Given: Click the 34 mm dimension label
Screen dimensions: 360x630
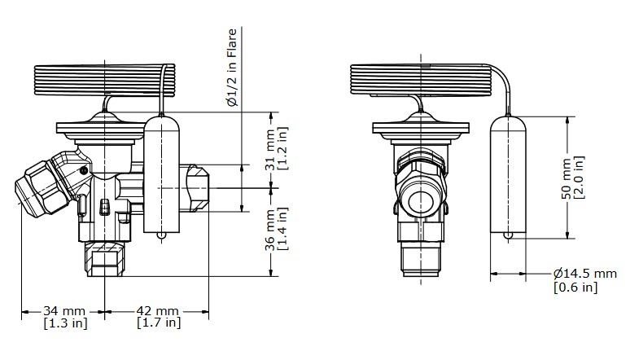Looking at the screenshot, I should (x=64, y=311).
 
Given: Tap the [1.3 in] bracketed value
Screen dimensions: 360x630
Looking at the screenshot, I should (x=64, y=323).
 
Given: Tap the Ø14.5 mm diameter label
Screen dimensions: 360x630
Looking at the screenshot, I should (x=586, y=274).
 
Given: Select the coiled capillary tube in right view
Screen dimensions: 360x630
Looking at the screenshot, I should (x=420, y=80).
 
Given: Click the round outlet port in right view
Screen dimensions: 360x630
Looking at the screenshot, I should (x=421, y=199).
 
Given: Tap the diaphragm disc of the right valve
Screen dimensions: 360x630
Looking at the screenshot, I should (x=421, y=128).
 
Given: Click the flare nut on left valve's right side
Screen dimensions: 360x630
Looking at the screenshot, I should (x=198, y=189).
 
